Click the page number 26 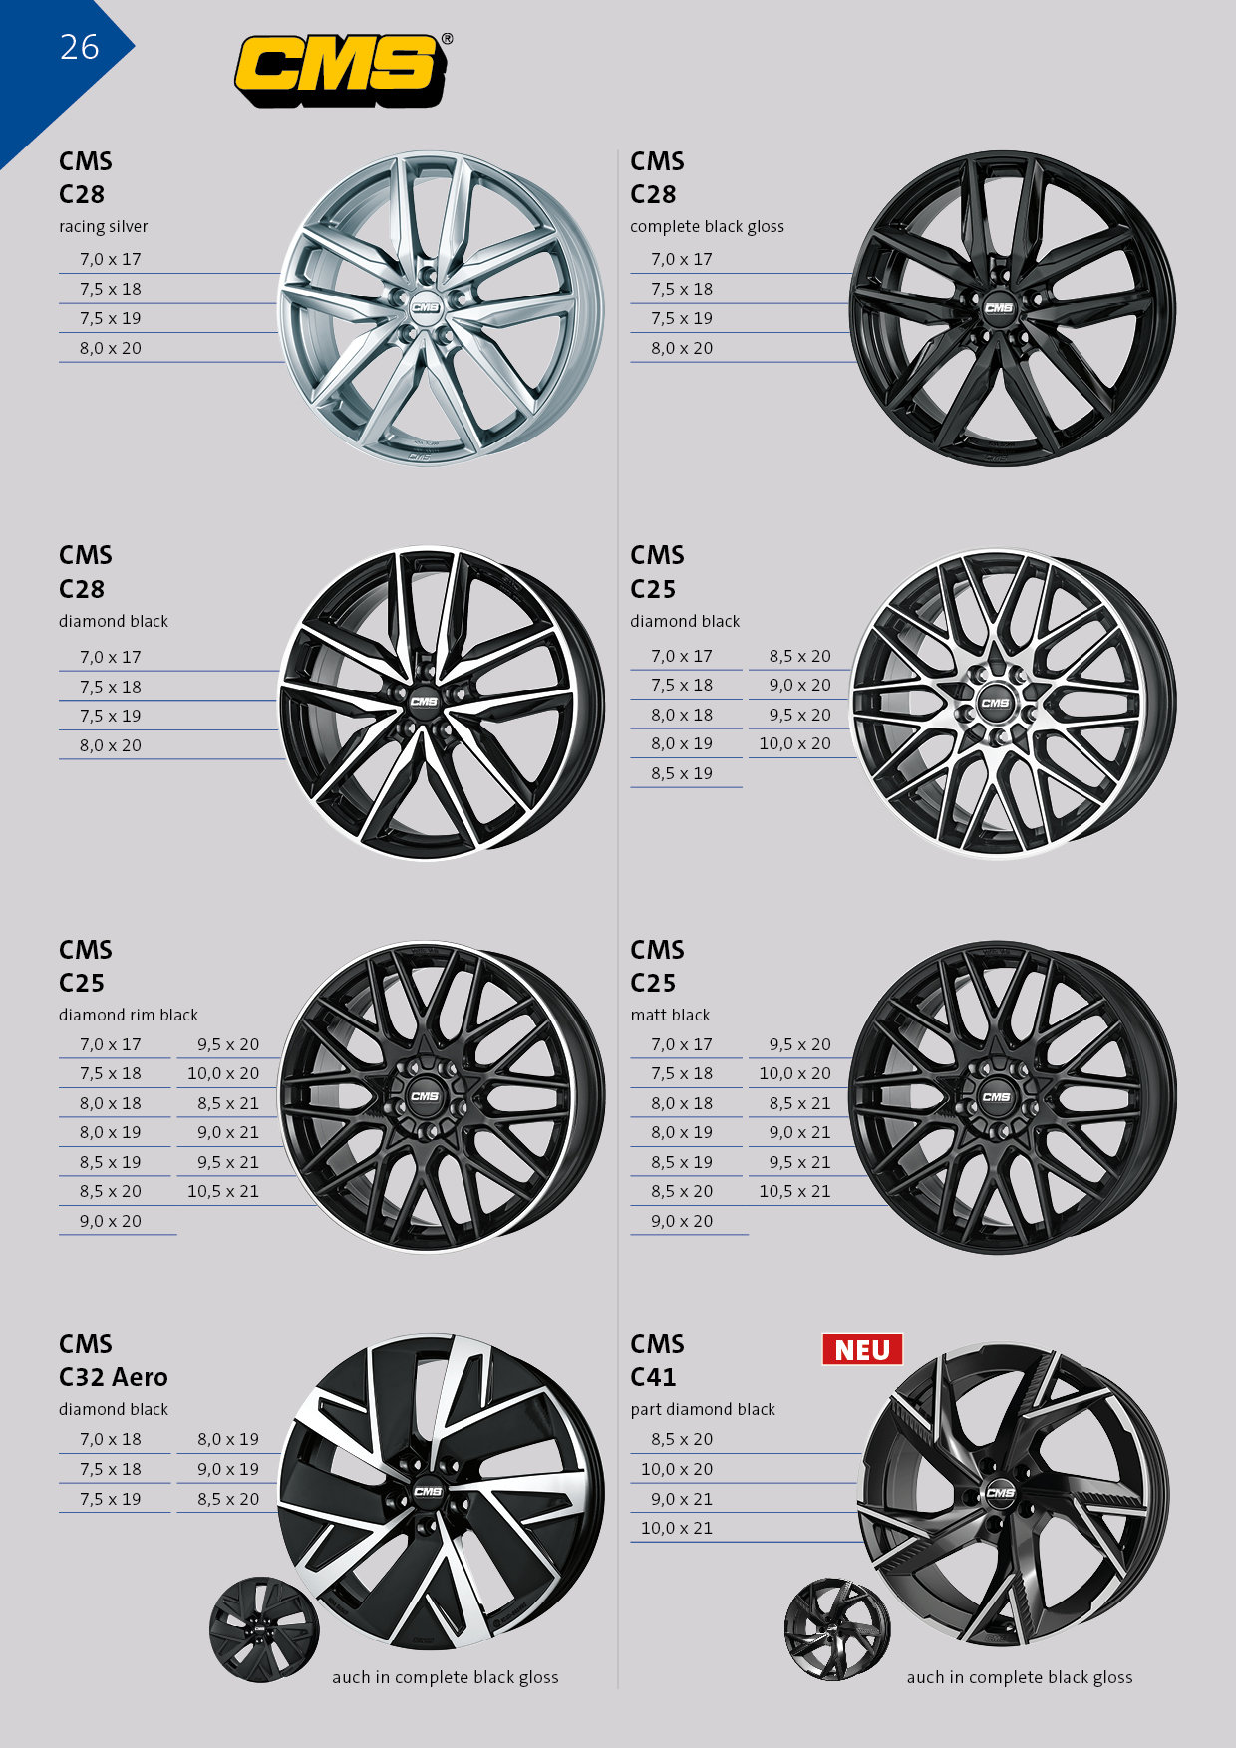80,47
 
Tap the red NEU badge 862,1349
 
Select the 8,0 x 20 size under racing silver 111,348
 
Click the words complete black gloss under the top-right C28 707,227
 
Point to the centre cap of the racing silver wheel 425,308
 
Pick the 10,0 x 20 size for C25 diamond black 794,743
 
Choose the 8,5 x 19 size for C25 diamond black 682,773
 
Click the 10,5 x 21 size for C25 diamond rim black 223,1191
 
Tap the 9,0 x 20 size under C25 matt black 682,1221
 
